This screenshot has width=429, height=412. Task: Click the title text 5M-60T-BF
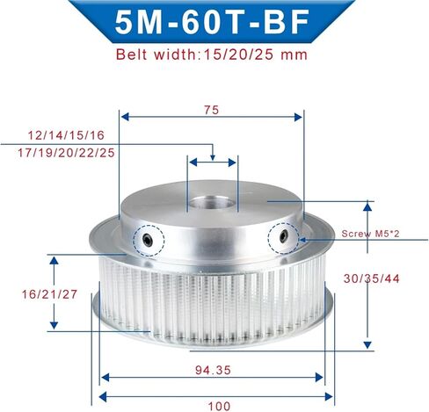[212, 22]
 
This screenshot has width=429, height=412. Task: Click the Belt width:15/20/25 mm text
[212, 54]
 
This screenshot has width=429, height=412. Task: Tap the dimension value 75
[212, 110]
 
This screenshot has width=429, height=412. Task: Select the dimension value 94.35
[213, 370]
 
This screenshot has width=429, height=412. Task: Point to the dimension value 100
[219, 406]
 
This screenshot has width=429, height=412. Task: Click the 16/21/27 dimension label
[49, 294]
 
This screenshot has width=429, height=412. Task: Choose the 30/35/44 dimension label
[372, 278]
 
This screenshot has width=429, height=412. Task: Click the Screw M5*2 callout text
[370, 234]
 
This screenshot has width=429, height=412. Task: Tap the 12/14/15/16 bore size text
[66, 135]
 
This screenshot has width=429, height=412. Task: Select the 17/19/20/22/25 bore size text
[66, 153]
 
